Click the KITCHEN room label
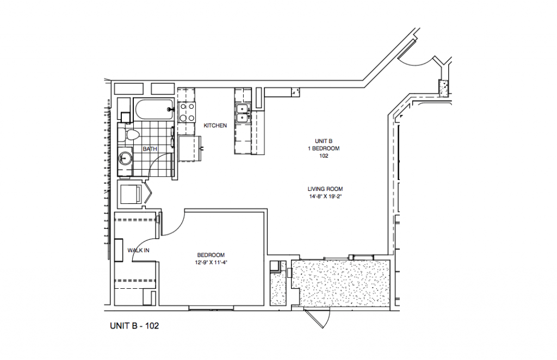tap(215, 126)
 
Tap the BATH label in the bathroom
tap(150, 148)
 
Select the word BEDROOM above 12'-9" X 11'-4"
tap(211, 255)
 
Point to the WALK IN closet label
tap(138, 250)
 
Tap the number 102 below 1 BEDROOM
tap(324, 156)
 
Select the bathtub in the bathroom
tap(154, 110)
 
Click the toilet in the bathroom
tap(131, 135)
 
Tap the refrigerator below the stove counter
tap(189, 148)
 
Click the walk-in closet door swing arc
tap(143, 247)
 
